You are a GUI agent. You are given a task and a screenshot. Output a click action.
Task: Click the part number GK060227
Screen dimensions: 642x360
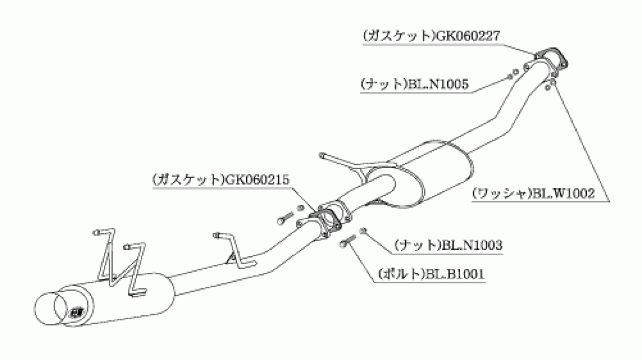tap(468, 36)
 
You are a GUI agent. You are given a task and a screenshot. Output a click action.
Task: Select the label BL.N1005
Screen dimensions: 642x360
tap(438, 85)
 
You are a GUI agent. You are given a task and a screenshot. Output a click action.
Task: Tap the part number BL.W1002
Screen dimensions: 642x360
tap(563, 194)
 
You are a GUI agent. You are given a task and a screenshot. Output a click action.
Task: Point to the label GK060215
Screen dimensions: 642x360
tap(258, 180)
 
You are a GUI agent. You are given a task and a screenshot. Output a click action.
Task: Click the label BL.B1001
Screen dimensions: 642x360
tap(455, 274)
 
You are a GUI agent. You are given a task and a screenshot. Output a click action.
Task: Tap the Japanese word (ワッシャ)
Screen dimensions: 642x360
tap(502, 194)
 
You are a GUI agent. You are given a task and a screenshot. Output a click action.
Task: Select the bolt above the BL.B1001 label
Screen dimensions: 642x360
tap(348, 241)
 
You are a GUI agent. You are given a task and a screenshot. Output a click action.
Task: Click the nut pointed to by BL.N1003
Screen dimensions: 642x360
tap(363, 231)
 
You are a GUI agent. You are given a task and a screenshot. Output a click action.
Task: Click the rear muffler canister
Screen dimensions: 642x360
tap(114, 300)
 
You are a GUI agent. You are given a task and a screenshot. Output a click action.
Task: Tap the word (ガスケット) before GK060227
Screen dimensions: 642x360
tap(399, 36)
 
